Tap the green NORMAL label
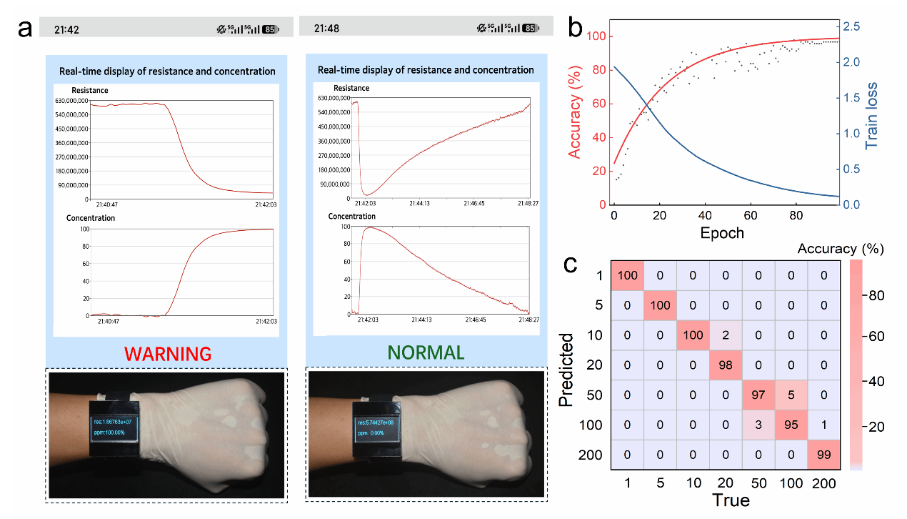(x=426, y=352)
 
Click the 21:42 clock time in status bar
(x=66, y=29)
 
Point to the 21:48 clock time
(x=326, y=29)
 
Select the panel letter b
(x=576, y=29)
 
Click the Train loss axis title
(x=871, y=114)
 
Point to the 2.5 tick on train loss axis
(x=852, y=26)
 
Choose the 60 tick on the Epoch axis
(x=750, y=216)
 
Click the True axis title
(x=731, y=500)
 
